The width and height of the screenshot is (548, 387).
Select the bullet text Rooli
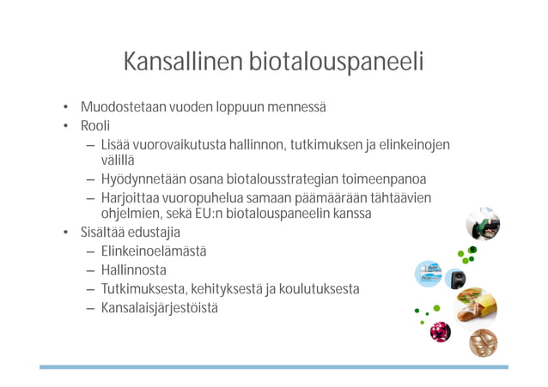(95, 126)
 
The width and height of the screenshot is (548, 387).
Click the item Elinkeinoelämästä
(154, 251)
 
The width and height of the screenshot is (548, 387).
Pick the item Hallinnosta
(134, 270)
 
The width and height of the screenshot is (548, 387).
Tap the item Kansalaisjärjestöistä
(159, 308)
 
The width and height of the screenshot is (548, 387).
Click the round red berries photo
(441, 331)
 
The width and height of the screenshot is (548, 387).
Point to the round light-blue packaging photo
(429, 274)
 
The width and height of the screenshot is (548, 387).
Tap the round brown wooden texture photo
(484, 343)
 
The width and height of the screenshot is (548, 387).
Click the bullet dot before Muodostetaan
(64, 108)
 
